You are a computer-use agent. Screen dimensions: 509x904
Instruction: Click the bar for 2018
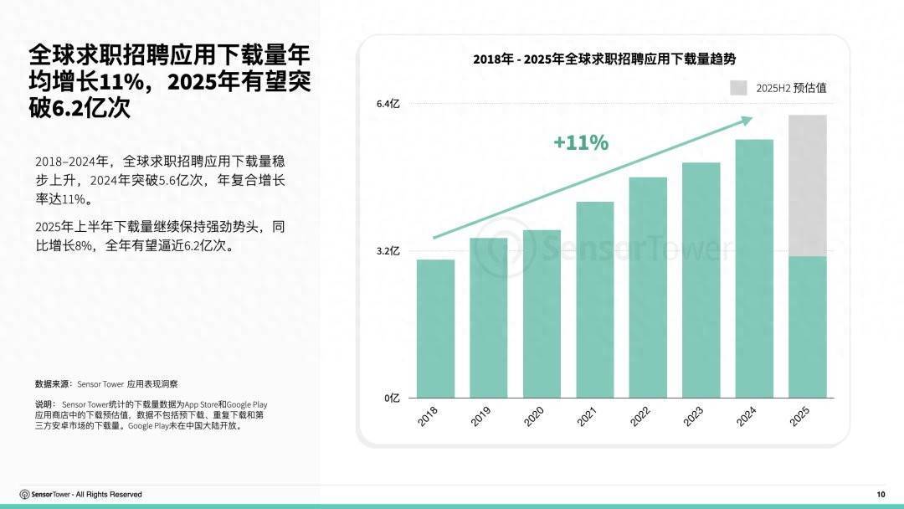pyautogui.click(x=435, y=329)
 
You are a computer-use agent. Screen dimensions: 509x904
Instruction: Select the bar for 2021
pyautogui.click(x=595, y=300)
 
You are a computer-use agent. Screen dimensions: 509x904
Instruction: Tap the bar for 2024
pyautogui.click(x=754, y=269)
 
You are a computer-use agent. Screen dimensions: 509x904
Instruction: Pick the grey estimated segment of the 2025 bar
pyautogui.click(x=808, y=185)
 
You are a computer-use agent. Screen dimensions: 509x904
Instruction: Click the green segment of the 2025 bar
pyautogui.click(x=808, y=327)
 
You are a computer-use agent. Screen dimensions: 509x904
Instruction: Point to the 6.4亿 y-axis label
pyautogui.click(x=388, y=104)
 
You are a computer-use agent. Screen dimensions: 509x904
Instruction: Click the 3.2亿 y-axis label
pyautogui.click(x=388, y=250)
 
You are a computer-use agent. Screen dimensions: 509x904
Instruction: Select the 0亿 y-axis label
pyautogui.click(x=392, y=398)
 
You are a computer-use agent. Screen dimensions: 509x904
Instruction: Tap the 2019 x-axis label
pyautogui.click(x=480, y=417)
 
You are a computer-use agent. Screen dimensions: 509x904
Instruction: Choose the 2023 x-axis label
pyautogui.click(x=693, y=417)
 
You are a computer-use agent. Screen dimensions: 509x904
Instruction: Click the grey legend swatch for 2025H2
pyautogui.click(x=738, y=88)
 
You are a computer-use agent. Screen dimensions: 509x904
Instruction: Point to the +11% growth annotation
pyautogui.click(x=581, y=143)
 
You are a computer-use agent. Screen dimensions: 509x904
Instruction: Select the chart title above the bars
pyautogui.click(x=604, y=59)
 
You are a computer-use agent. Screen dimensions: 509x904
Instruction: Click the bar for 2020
pyautogui.click(x=542, y=314)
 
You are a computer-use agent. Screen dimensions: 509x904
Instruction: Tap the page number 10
pyautogui.click(x=881, y=494)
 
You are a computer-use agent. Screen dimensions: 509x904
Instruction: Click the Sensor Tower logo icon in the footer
pyautogui.click(x=25, y=494)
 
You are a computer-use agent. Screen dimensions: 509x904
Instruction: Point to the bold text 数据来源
pyautogui.click(x=54, y=384)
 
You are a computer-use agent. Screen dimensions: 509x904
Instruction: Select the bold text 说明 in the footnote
pyautogui.click(x=44, y=404)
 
